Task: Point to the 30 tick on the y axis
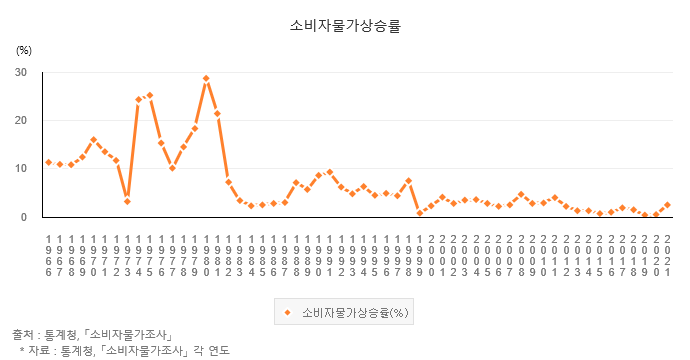(21, 72)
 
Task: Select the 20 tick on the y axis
(21, 120)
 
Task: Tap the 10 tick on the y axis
(21, 168)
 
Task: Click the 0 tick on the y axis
(24, 216)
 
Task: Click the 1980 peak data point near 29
(206, 78)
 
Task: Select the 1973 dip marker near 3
(127, 201)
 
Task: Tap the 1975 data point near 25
(150, 95)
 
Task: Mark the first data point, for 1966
(48, 162)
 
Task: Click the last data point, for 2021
(667, 204)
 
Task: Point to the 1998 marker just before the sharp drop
(408, 181)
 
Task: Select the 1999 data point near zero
(420, 213)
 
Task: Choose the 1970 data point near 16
(93, 140)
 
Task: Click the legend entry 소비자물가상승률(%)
(345, 312)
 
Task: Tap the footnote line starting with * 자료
(124, 350)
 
